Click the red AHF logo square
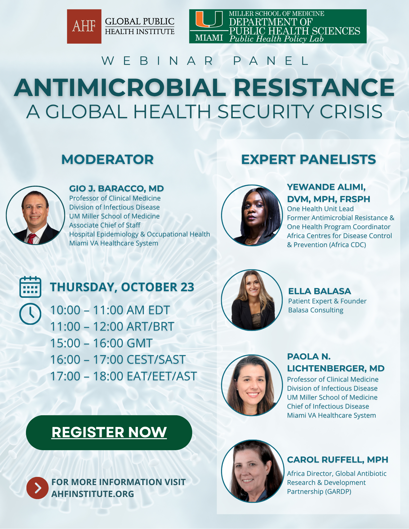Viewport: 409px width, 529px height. [x=84, y=26]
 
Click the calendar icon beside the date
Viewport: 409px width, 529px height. [x=30, y=287]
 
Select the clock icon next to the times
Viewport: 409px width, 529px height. [x=30, y=314]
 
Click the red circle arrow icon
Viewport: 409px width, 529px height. [x=38, y=488]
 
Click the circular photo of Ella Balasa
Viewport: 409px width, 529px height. [x=252, y=300]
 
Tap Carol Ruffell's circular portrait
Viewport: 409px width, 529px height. [x=253, y=471]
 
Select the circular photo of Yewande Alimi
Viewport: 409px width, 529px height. [x=252, y=215]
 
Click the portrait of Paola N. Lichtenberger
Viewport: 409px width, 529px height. [x=252, y=385]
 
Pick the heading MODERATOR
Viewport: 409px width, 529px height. [x=107, y=159]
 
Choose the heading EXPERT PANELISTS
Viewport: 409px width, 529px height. [x=308, y=159]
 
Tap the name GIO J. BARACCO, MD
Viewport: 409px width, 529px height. [x=116, y=189]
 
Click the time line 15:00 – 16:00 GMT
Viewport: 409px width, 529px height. [x=101, y=343]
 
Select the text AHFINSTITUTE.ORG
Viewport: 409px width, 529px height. [x=93, y=494]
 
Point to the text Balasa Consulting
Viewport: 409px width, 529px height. [x=316, y=310]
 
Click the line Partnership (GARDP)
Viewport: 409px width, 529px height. [x=319, y=491]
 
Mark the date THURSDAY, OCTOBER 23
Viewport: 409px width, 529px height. [x=122, y=287]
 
